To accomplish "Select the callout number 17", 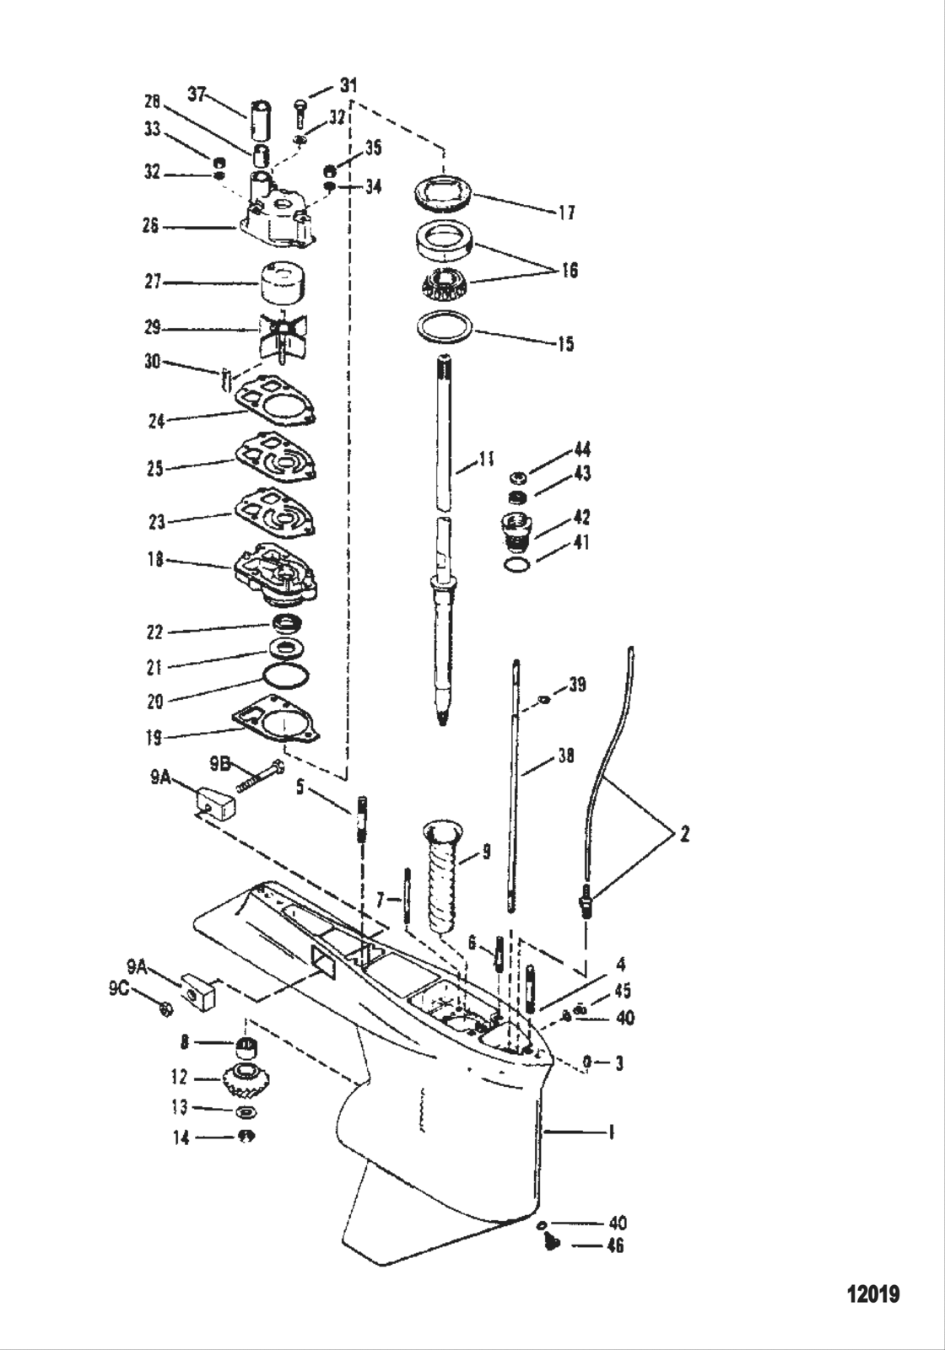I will point(566,212).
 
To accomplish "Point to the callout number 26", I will point(150,226).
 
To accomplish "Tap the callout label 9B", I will point(220,763).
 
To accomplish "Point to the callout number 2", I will point(683,835).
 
